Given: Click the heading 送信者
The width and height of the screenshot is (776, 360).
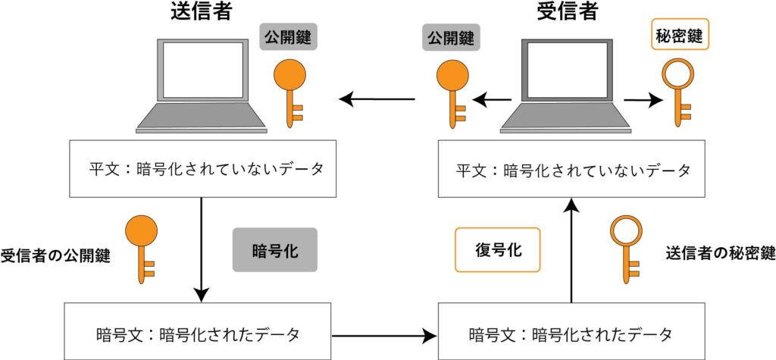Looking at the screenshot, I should click(x=201, y=12).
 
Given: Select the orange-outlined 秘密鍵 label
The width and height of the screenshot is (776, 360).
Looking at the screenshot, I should click(x=681, y=35).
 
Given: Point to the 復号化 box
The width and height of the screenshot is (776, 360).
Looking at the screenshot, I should click(x=497, y=250).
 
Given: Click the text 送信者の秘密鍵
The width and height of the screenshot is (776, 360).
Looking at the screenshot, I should click(x=720, y=253).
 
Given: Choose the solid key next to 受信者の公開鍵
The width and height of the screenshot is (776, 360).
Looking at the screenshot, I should click(x=142, y=248).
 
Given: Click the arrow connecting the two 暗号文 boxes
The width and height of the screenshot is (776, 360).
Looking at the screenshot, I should click(x=384, y=333).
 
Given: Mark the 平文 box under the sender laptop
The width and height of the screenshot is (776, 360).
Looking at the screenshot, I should click(x=201, y=169).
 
